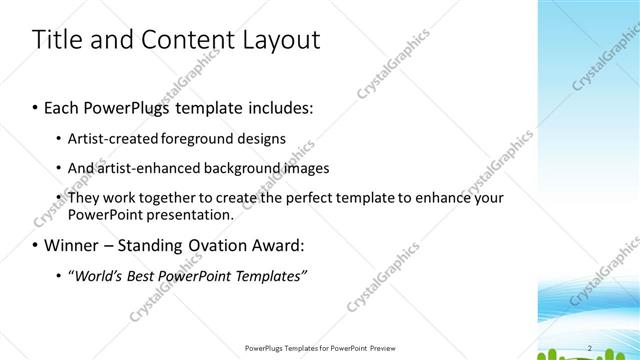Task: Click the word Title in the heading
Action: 56,39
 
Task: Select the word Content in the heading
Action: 186,39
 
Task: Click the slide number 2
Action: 590,348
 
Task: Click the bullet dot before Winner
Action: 35,246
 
